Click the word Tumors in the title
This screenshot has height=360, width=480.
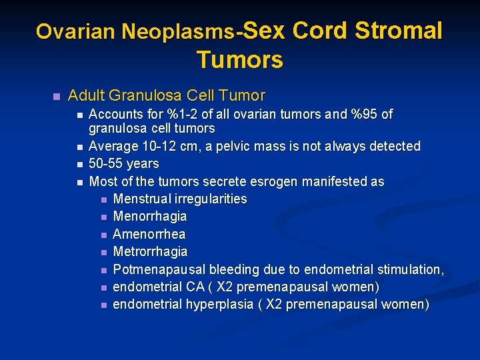(239, 60)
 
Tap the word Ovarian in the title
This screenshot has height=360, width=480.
(66, 32)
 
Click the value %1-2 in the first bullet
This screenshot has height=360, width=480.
(176, 115)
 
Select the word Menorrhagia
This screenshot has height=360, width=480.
(150, 217)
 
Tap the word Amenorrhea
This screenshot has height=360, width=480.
(149, 234)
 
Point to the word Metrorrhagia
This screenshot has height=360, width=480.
(151, 252)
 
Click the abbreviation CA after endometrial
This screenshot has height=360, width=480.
(201, 287)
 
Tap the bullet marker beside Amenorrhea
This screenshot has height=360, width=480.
(103, 235)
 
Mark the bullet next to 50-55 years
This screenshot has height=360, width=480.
(79, 164)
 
